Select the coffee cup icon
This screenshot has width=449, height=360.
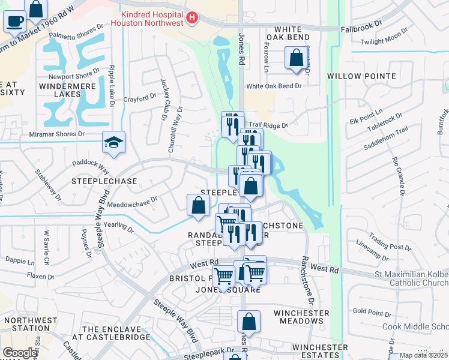[x=14, y=21]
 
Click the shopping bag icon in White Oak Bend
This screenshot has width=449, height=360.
[x=297, y=59]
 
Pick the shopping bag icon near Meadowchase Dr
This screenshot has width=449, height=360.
[x=198, y=206]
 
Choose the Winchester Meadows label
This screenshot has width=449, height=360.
[x=301, y=317]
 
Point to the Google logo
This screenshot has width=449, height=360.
[x=20, y=353]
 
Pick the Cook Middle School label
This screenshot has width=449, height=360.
[x=416, y=326]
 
